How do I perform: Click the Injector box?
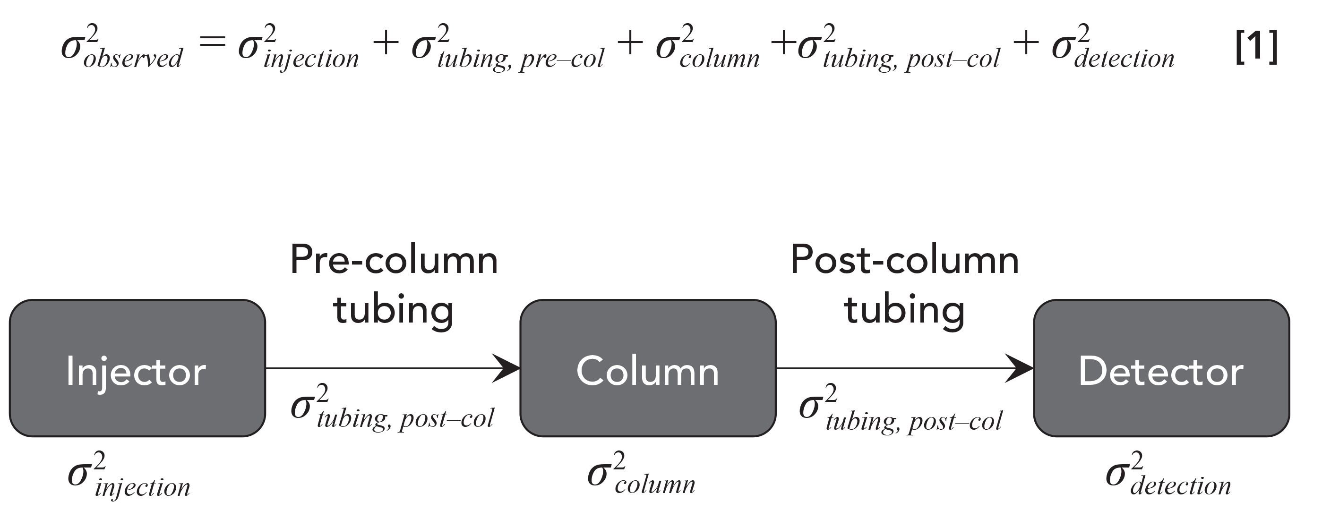tap(137, 368)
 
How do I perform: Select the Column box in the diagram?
tap(648, 368)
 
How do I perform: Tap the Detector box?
tap(1161, 368)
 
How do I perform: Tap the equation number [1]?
tap(1256, 47)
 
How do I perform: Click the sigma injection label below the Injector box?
tap(129, 475)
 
